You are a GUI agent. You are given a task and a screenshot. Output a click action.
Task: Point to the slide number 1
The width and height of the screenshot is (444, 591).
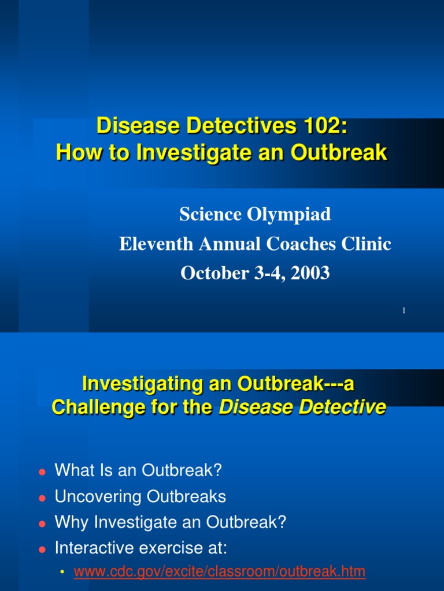click(404, 311)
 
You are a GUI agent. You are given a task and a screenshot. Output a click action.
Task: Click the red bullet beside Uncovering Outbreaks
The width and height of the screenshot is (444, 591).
click(42, 498)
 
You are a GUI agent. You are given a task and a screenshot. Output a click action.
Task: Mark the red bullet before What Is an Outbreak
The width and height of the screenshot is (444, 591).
click(42, 472)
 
